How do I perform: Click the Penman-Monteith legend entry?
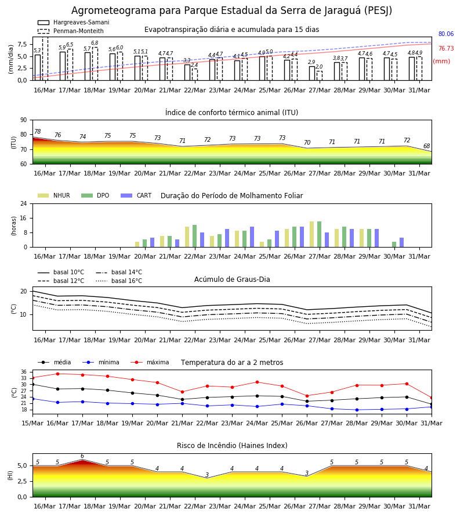click(71, 31)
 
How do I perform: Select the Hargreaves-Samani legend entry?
click(73, 22)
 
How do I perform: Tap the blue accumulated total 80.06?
click(446, 34)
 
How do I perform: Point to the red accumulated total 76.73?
click(446, 48)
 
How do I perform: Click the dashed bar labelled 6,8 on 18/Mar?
click(95, 64)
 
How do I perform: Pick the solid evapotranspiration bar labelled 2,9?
click(312, 73)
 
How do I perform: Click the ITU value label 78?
click(38, 131)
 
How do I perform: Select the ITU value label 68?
click(426, 146)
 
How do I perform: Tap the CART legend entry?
click(136, 195)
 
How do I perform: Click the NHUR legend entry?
click(54, 195)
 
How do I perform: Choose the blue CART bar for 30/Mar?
click(402, 242)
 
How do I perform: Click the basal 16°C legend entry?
click(119, 281)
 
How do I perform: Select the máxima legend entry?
click(150, 362)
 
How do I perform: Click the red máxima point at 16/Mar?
click(57, 374)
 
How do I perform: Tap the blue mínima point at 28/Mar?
click(357, 410)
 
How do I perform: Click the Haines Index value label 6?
click(82, 456)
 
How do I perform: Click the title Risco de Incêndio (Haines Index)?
click(232, 445)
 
